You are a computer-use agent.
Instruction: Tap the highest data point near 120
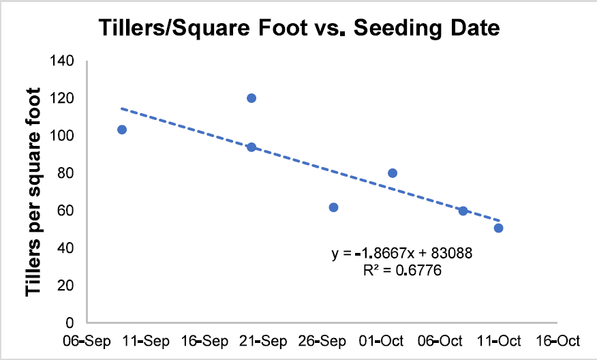tap(251, 98)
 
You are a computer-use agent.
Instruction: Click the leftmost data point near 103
tap(122, 130)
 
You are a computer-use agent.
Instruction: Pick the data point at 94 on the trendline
tap(251, 147)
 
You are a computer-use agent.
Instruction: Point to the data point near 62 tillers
tap(333, 207)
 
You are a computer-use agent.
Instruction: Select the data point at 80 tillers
tap(393, 173)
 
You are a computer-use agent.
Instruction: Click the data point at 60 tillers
tap(463, 211)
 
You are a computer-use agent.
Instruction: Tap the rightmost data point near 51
tap(498, 228)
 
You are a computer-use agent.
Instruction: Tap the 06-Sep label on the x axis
tap(87, 341)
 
